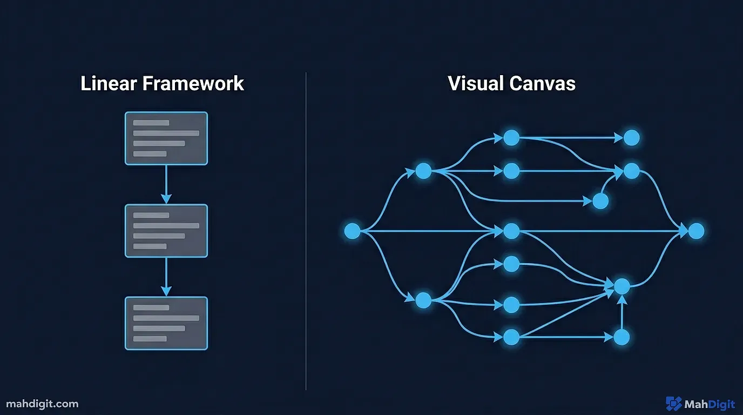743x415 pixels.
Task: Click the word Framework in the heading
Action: tap(193, 84)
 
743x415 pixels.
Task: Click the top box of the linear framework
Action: tap(166, 138)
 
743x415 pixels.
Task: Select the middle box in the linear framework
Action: tap(166, 231)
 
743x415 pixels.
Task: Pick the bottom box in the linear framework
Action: tap(166, 323)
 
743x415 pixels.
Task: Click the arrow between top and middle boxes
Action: tap(166, 184)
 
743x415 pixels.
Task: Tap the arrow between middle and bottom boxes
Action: tap(166, 277)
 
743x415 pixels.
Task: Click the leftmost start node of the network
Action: tap(352, 231)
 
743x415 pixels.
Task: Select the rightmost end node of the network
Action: tap(697, 231)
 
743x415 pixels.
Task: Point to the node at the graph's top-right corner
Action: tap(631, 138)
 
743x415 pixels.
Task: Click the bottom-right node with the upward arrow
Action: tap(622, 337)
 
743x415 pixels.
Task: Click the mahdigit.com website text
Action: tap(42, 404)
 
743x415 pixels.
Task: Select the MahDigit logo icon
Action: tap(673, 404)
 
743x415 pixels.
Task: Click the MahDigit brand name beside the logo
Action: tap(709, 404)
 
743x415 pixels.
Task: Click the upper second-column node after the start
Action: tap(423, 171)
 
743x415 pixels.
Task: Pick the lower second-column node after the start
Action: tap(423, 300)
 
